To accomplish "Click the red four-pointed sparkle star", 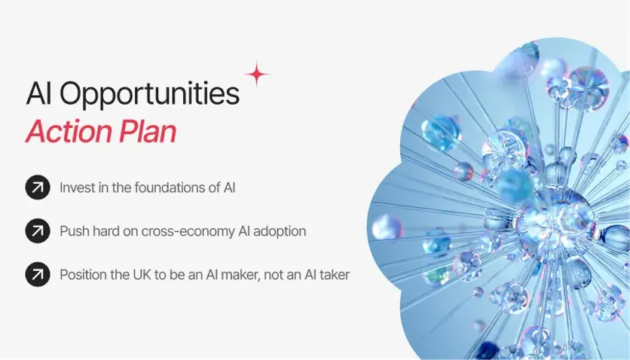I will [257, 74].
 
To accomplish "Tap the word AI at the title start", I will [38, 94].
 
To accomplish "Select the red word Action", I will [69, 132].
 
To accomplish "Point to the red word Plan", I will [147, 132].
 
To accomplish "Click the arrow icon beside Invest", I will [37, 188].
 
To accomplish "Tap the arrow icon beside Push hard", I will [37, 231].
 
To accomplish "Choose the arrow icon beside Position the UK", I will [37, 275].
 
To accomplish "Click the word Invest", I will [78, 188].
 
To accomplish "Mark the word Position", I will [84, 275].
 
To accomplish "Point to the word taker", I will [332, 275].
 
